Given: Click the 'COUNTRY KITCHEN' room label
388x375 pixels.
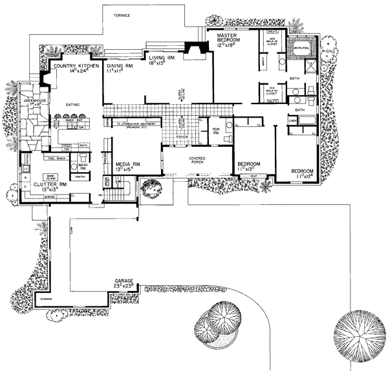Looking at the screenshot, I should pyautogui.click(x=71, y=66).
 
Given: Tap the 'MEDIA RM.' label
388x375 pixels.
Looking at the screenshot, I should pyautogui.click(x=127, y=165).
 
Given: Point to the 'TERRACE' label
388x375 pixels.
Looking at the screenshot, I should pyautogui.click(x=122, y=15).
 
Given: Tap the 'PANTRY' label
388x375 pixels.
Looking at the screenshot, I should pyautogui.click(x=81, y=176).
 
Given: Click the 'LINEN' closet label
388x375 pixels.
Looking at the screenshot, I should pyautogui.click(x=292, y=120).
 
